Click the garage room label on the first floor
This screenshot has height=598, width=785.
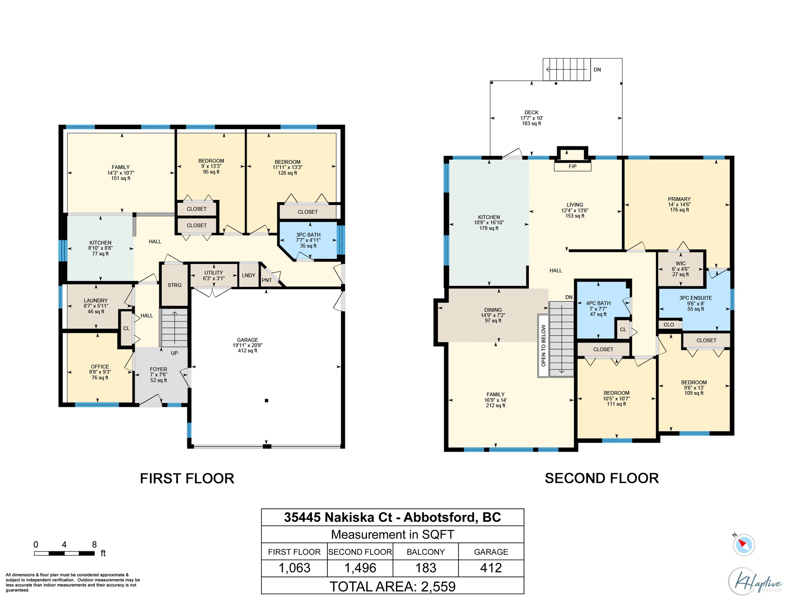click(x=248, y=340)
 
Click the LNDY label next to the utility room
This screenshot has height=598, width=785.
click(x=249, y=275)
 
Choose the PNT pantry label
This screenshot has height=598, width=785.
click(x=267, y=280)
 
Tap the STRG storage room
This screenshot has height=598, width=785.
click(x=175, y=285)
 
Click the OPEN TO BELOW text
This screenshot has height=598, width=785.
click(x=543, y=345)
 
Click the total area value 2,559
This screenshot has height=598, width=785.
click(x=438, y=586)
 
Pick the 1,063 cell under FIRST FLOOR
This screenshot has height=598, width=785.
click(x=295, y=568)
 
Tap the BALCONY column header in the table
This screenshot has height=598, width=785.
click(x=426, y=552)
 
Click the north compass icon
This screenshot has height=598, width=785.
click(x=744, y=544)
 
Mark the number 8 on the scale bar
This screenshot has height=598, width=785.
click(x=94, y=544)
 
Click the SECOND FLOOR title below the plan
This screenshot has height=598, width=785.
click(x=602, y=478)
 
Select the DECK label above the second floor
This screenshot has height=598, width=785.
click(x=531, y=112)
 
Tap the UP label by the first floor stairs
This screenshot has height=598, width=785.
click(x=174, y=353)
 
